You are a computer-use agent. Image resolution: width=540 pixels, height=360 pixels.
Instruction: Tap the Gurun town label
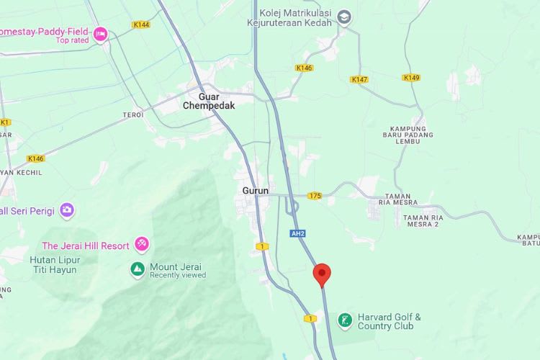point(255,191)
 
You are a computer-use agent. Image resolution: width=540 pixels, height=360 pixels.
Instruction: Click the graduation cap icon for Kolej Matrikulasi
point(345,16)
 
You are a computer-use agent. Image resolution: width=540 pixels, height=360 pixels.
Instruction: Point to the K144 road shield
point(141,24)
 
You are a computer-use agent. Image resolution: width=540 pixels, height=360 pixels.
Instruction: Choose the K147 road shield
point(359,79)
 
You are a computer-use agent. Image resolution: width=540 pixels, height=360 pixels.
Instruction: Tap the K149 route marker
point(411,78)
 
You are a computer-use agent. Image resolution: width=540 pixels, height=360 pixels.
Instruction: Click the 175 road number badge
point(314,195)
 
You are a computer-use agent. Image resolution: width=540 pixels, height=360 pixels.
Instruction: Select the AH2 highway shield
point(298,233)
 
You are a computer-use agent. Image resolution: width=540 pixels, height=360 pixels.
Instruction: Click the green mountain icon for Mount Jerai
point(137,269)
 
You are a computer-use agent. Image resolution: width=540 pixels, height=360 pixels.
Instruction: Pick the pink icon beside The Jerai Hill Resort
point(142,245)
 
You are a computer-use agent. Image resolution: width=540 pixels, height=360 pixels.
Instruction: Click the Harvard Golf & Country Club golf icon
point(345,320)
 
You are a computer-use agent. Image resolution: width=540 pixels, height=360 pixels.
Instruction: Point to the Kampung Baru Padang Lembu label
point(414,134)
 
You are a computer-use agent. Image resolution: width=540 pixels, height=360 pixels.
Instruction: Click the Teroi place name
point(133,115)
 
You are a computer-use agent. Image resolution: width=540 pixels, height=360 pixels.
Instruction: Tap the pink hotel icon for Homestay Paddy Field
point(100,32)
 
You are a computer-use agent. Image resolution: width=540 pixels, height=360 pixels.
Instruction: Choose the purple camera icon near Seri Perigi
point(67,210)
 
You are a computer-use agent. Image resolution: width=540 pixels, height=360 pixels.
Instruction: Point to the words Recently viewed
point(177,276)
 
